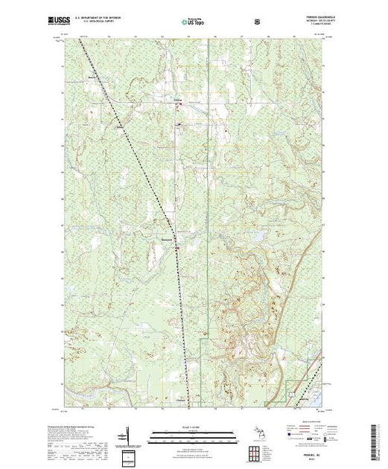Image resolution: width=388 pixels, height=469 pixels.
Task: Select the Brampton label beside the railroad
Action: [x=166, y=238]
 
